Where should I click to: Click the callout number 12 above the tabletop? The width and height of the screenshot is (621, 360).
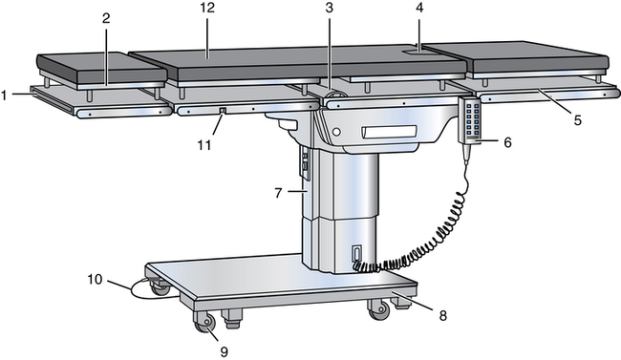click(x=207, y=8)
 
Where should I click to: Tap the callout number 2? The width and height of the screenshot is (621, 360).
click(x=106, y=18)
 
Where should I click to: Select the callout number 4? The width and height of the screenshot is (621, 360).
click(x=419, y=8)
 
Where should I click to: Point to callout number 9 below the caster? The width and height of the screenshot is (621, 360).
click(x=225, y=351)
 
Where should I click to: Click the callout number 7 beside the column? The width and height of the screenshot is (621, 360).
click(x=278, y=193)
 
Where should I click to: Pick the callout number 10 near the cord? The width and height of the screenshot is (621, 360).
click(x=95, y=280)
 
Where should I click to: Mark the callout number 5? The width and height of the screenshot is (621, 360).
click(x=578, y=120)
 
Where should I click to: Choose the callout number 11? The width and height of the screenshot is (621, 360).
click(x=203, y=145)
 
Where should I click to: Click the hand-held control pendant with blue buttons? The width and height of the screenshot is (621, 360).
click(x=470, y=120)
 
